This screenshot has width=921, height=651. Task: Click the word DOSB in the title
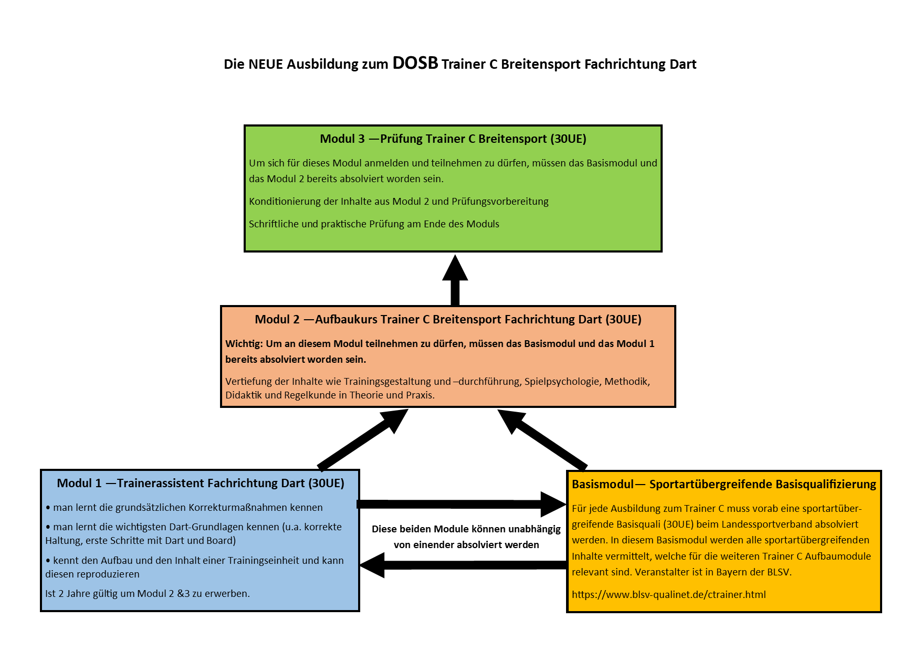pyautogui.click(x=415, y=63)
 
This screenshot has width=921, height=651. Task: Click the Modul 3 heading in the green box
pyautogui.click(x=453, y=139)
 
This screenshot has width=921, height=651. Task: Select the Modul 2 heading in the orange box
pyautogui.click(x=448, y=319)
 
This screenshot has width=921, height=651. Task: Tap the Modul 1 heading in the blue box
pyautogui.click(x=200, y=483)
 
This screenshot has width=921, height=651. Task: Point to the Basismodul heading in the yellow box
pyautogui.click(x=724, y=484)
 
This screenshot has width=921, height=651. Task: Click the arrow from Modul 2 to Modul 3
pyautogui.click(x=455, y=281)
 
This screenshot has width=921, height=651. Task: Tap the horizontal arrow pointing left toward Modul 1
pyautogui.click(x=462, y=565)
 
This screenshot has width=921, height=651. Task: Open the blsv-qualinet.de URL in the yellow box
pyautogui.click(x=668, y=594)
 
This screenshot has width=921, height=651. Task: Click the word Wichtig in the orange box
pyautogui.click(x=244, y=344)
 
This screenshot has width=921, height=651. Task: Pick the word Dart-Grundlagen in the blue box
pyautogui.click(x=207, y=527)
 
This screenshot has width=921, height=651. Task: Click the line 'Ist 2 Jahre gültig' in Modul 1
pyautogui.click(x=148, y=594)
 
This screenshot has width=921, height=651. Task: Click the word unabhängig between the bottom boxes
pyautogui.click(x=535, y=529)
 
